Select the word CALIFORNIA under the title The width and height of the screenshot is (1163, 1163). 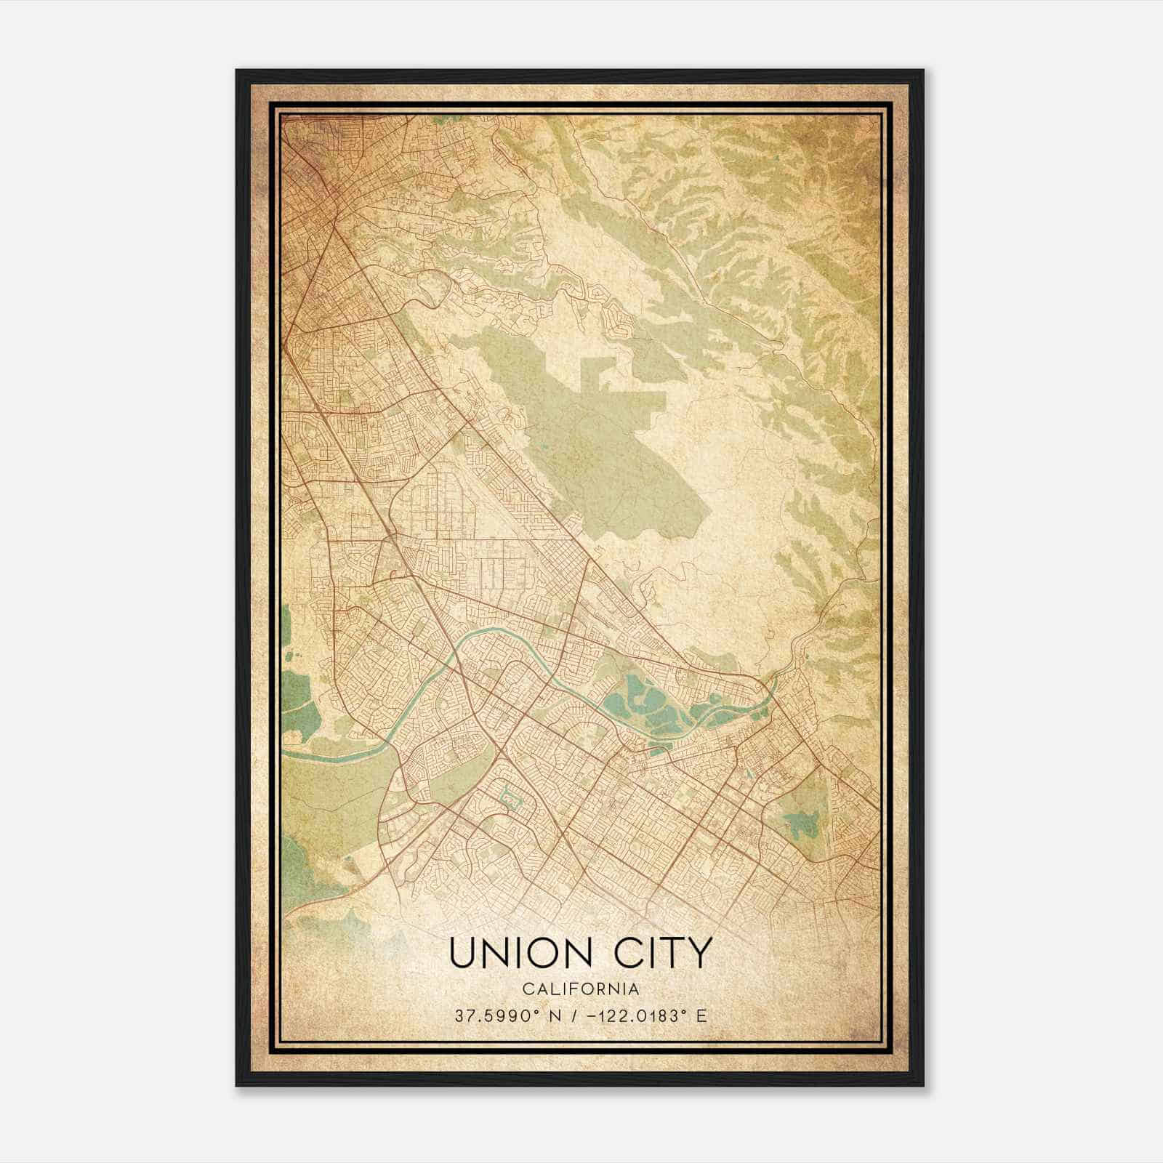pyautogui.click(x=579, y=989)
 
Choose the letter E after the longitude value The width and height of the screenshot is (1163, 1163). pyautogui.click(x=701, y=1016)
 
